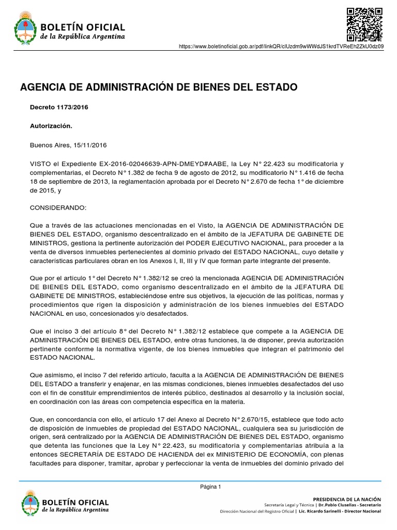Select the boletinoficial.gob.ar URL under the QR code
[x=281, y=47]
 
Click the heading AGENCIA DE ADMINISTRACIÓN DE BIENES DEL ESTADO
[x=159, y=86]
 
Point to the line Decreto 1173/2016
[x=55, y=107]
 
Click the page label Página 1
[x=210, y=487]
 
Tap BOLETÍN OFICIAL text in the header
[x=83, y=27]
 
